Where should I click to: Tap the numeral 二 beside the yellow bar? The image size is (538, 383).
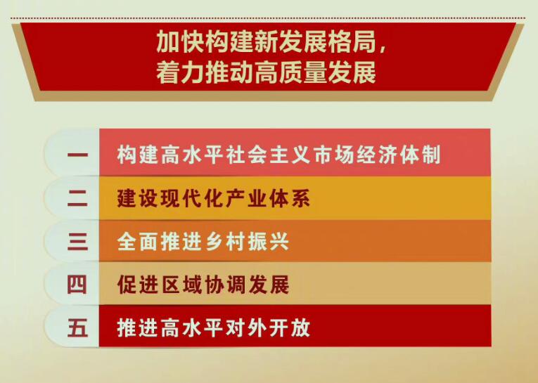(78, 199)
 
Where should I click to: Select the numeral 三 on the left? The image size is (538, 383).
(78, 242)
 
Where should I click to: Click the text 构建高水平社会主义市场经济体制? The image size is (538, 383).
(278, 155)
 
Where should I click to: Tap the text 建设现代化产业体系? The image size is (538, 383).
(214, 199)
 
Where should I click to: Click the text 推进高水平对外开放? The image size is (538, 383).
(214, 328)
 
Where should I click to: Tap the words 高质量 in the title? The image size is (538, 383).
(291, 73)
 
